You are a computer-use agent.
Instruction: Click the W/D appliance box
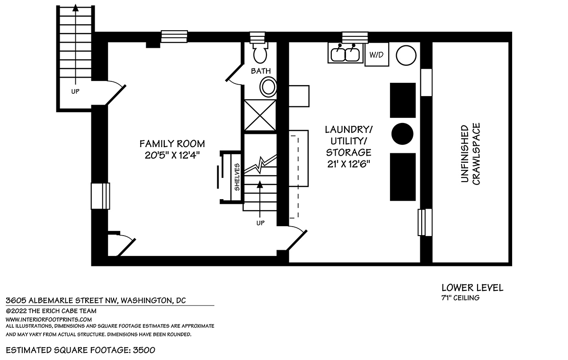coord(377,54)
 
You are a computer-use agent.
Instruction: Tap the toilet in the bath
coord(260,53)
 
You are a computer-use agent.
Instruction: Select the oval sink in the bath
coord(268,87)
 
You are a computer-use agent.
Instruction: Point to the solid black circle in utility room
coord(402,134)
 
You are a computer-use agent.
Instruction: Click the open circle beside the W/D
coord(406,55)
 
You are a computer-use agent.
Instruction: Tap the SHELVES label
coord(237,177)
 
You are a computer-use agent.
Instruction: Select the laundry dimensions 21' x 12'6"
coord(349,164)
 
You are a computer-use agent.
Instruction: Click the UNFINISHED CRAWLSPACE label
coord(470,154)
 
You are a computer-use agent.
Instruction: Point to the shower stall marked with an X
coord(260,115)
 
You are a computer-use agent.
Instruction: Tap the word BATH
coord(261,70)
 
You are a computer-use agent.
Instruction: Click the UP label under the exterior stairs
coord(75,91)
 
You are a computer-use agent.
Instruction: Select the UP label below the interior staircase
coord(260,223)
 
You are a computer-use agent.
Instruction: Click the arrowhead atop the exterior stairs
coord(75,8)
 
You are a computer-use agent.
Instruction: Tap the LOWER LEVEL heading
coord(472,288)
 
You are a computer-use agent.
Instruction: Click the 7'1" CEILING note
coord(461,298)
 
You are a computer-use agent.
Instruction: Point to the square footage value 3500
coord(144,350)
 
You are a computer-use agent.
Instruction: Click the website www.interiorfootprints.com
coord(49,319)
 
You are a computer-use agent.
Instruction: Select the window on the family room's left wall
coord(100,196)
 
